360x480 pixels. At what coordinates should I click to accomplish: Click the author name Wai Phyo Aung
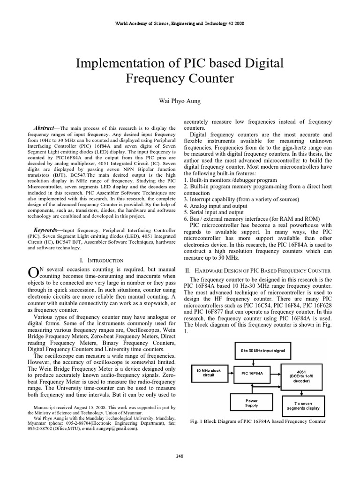180,101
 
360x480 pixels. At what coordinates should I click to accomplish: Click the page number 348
180,456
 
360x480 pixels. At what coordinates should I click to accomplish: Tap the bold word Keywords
45,230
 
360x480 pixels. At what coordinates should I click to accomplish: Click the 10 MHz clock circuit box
209,373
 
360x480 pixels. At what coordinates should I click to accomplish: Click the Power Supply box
252,403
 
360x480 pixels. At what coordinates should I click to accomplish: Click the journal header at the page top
180,23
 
